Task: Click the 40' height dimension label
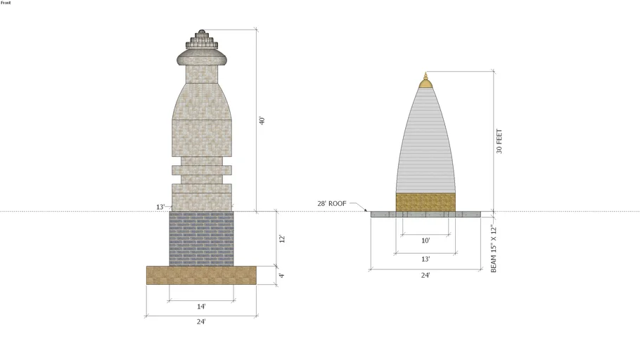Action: click(x=262, y=121)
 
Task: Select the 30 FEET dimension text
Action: click(x=499, y=141)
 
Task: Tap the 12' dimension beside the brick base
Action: click(x=282, y=239)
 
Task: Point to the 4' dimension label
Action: click(x=281, y=276)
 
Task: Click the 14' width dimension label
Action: click(x=201, y=307)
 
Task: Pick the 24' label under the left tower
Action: click(x=201, y=321)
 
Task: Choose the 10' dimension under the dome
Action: click(x=425, y=240)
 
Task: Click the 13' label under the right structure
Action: click(x=425, y=259)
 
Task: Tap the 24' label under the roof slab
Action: click(x=425, y=275)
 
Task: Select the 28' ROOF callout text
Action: click(x=332, y=203)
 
